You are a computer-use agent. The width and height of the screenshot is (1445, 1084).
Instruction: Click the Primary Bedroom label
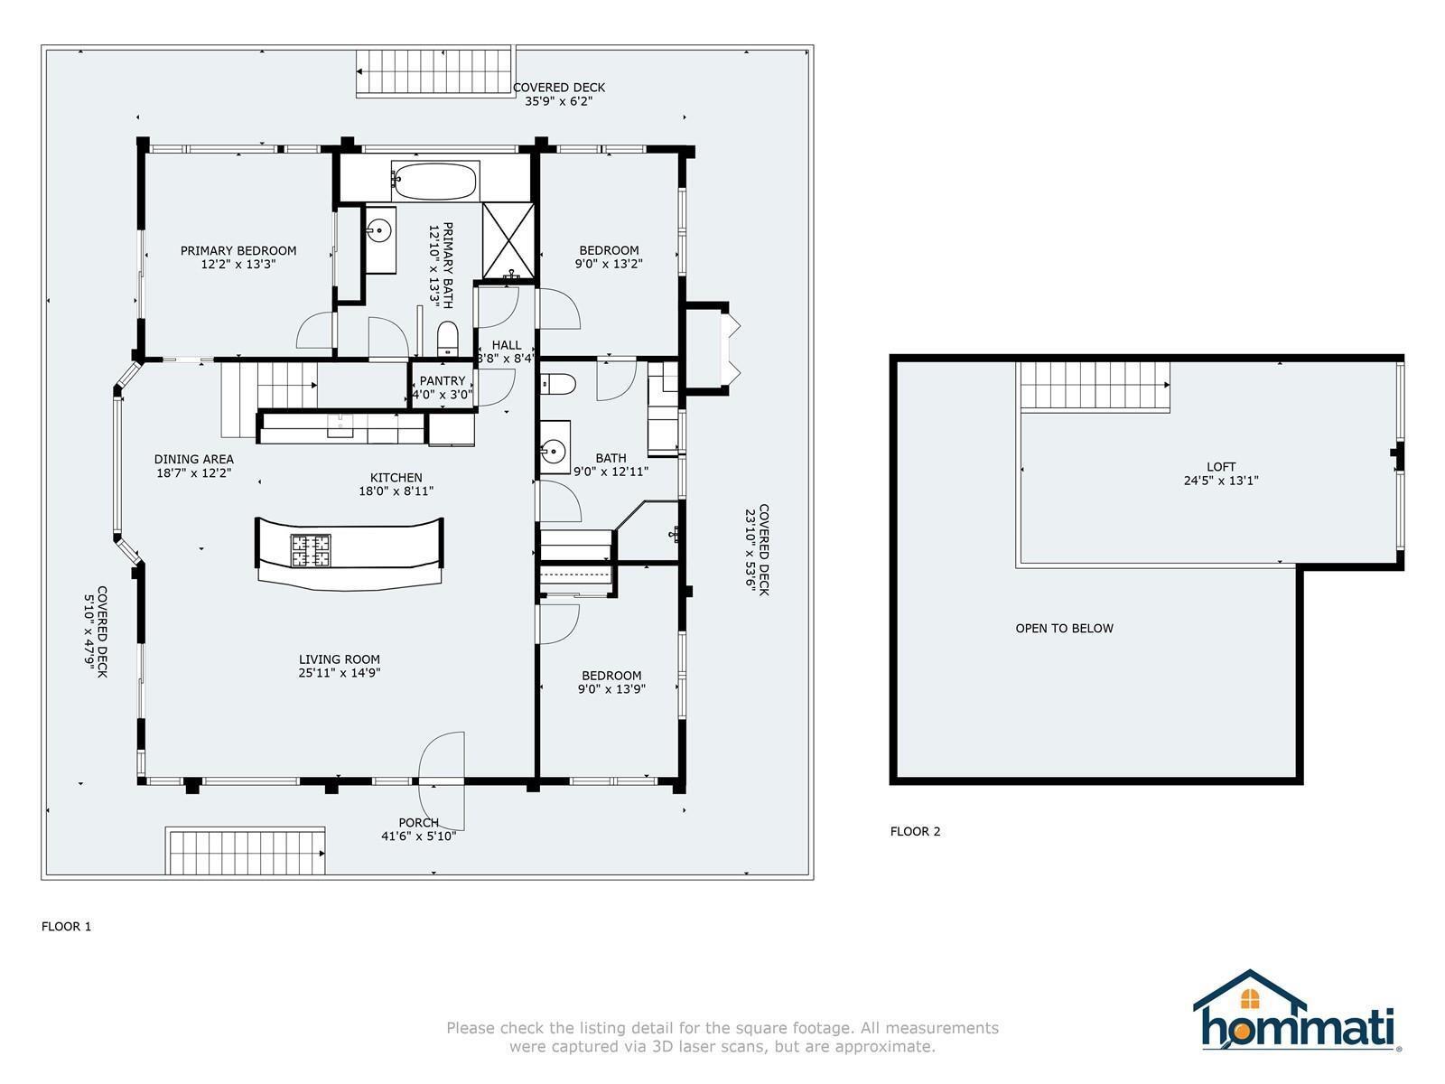coord(238,251)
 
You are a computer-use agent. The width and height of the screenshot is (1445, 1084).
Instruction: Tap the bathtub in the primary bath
coord(434,181)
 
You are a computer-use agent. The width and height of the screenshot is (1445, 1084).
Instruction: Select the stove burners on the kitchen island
coord(311,551)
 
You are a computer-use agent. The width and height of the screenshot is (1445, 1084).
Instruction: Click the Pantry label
coord(443,381)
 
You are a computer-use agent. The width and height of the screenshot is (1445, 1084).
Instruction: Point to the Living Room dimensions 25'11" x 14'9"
coord(339,673)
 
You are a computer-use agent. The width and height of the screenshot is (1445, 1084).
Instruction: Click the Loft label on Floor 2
coord(1221,467)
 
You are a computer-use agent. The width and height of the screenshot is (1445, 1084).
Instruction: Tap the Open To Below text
coord(1065,629)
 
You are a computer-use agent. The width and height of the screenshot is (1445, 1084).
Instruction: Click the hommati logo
coord(1297,1012)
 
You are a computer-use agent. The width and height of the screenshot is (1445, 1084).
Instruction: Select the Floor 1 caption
coord(67,927)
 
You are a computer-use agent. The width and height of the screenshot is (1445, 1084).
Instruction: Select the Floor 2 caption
coord(915,832)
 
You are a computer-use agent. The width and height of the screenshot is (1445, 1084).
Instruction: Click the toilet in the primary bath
coord(448,338)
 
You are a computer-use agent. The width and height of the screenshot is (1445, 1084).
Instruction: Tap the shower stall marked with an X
coord(508,241)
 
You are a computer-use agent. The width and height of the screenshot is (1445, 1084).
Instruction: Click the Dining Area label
coord(193,460)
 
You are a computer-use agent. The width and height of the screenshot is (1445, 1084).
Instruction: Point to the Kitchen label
coord(396,478)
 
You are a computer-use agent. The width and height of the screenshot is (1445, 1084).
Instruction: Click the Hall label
coord(507,346)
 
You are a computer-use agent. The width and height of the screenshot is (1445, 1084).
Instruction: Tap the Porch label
coord(419,823)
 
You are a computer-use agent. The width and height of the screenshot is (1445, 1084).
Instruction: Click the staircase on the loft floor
coord(1094,387)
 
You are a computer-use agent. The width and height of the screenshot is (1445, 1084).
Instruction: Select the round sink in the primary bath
coord(380,230)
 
